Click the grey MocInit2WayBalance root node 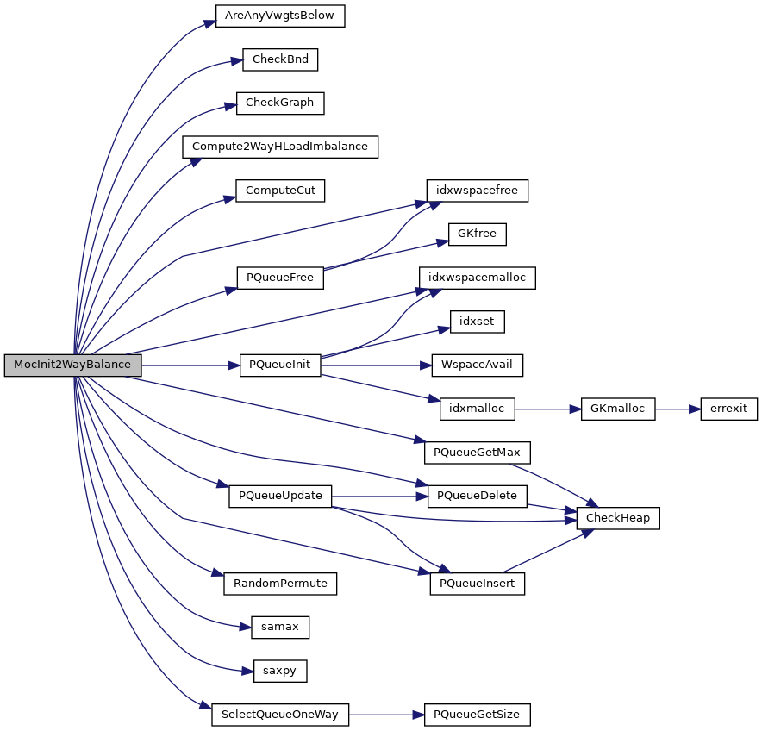tap(72, 365)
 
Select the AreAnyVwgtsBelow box tap(280, 16)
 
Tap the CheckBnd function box tap(280, 59)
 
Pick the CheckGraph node tap(280, 103)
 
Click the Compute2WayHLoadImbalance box tap(280, 147)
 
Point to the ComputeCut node tap(280, 191)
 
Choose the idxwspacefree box tap(477, 191)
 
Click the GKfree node tap(477, 234)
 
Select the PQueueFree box tap(280, 278)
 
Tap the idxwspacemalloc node tap(477, 278)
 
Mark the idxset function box tap(477, 322)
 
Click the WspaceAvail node tap(477, 365)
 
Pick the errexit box tap(728, 409)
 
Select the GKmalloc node tap(618, 409)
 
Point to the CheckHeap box tap(618, 518)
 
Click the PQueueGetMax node tap(477, 452)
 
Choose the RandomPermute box tap(280, 584)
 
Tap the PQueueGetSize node tap(477, 715)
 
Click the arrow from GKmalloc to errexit tap(678, 409)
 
